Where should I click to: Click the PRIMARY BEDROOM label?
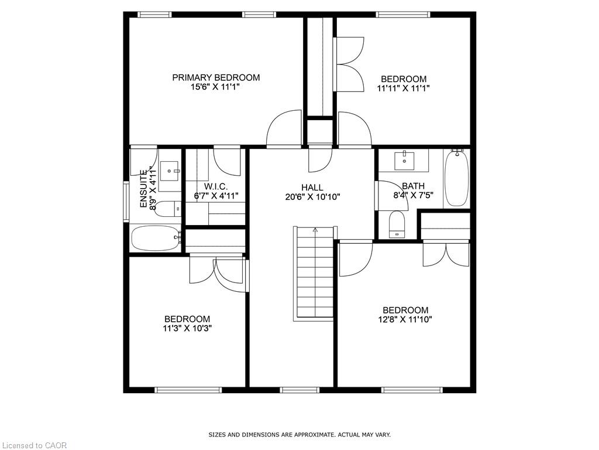pos(216,78)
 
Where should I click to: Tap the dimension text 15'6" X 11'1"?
pos(215,87)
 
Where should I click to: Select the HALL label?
pos(312,187)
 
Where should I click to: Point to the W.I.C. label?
pos(216,187)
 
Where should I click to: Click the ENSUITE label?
pos(144,189)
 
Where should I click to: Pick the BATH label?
pos(413,186)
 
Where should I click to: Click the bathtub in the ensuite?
pos(156,238)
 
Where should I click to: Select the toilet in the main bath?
pos(397,224)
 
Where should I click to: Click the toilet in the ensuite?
pos(168,209)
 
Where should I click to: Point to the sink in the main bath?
pos(404,161)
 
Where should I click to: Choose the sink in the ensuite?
pos(170,171)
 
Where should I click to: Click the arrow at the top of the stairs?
pos(315,230)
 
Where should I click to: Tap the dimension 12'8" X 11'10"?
pos(405,319)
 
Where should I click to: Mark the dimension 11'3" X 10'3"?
pos(187,328)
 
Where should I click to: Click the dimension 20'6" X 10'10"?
pos(312,197)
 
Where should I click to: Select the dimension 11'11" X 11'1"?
pos(404,88)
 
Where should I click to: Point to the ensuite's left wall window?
pos(126,202)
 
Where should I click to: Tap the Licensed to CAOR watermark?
pos(33,445)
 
